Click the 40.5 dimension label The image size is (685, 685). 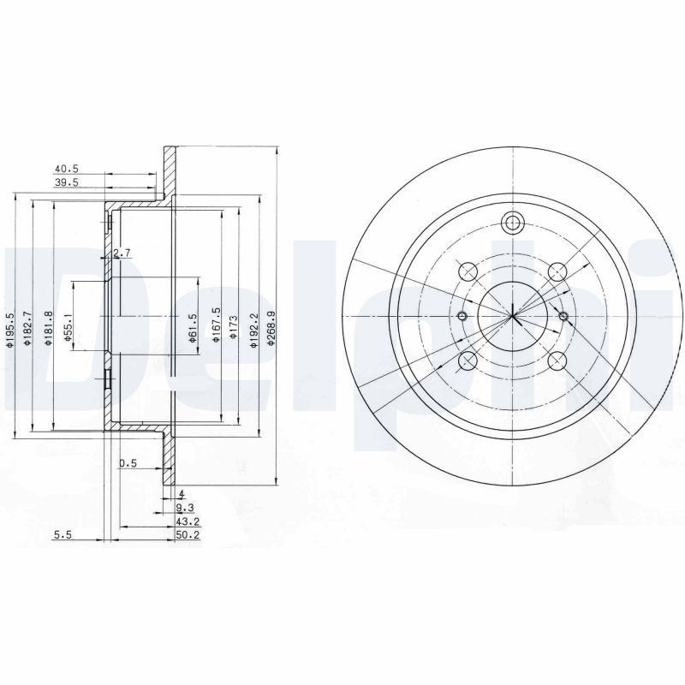pos(66,170)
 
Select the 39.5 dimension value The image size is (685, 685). pos(66,182)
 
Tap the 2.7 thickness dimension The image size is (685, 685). pos(121,253)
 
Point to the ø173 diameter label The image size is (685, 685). pos(233,326)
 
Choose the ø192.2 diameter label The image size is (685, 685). pos(253,328)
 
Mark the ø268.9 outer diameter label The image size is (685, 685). pos(271,328)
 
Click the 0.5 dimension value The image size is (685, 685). pos(128,463)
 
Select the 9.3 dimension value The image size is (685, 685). pos(183,508)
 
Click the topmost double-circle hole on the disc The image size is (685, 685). pos(512,223)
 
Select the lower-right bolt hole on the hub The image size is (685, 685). pos(557,361)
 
